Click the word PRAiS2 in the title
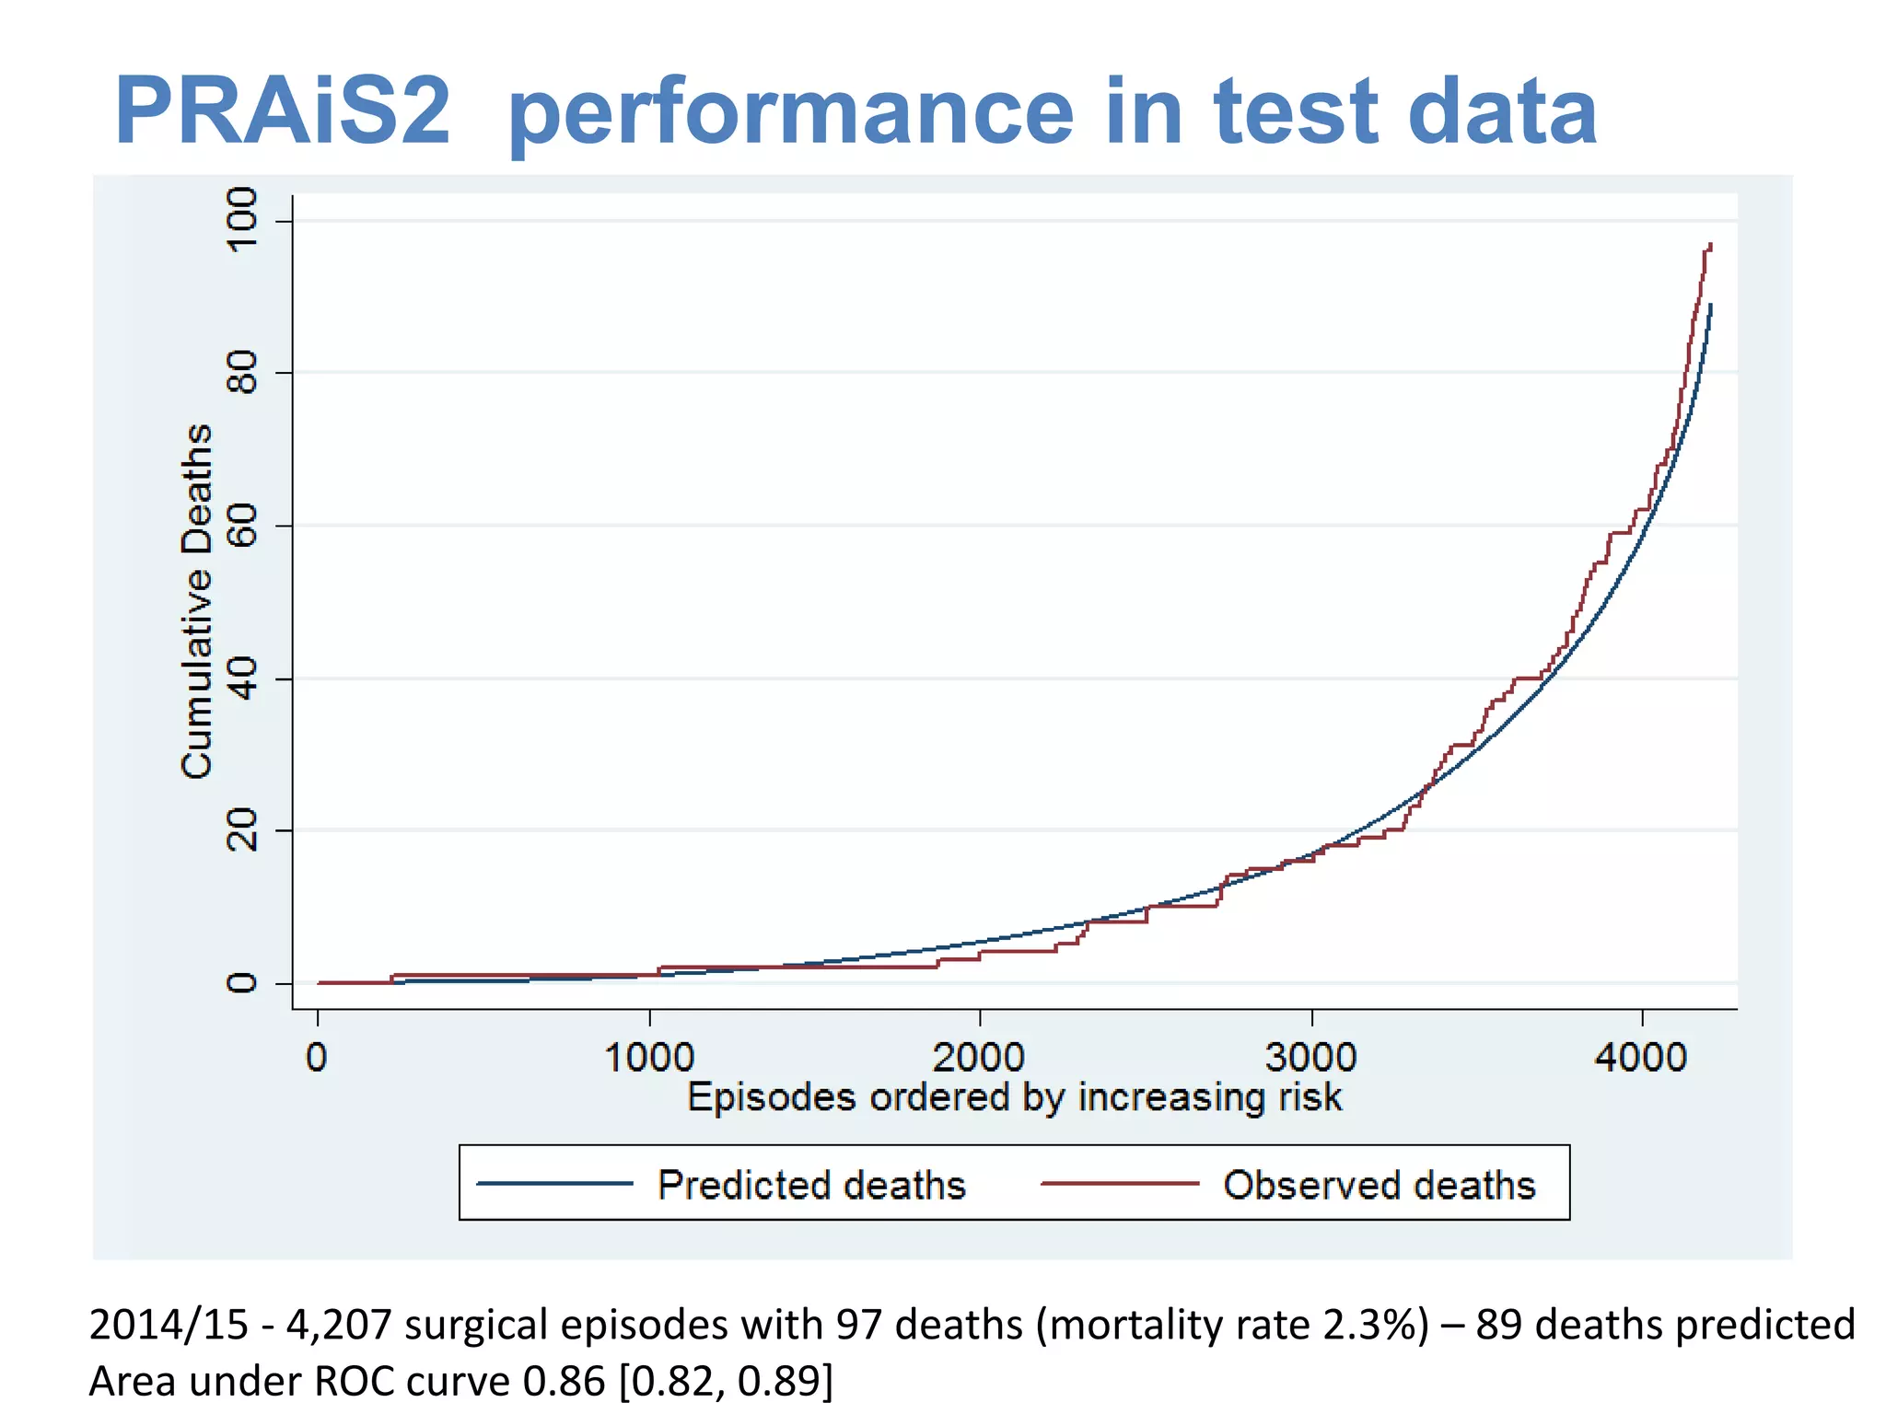(282, 112)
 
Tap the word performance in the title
(790, 112)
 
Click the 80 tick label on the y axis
(242, 373)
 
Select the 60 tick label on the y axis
(242, 526)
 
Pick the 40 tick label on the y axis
(242, 678)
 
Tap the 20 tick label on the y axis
(242, 830)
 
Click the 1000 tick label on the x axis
(649, 1058)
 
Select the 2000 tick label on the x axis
(979, 1058)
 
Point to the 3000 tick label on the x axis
(1310, 1058)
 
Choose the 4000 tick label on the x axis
(1641, 1058)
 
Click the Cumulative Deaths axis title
(197, 601)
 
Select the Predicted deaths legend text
(811, 1185)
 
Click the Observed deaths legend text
(1379, 1185)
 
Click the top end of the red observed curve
(1709, 245)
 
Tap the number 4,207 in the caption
(340, 1325)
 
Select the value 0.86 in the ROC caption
(564, 1381)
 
